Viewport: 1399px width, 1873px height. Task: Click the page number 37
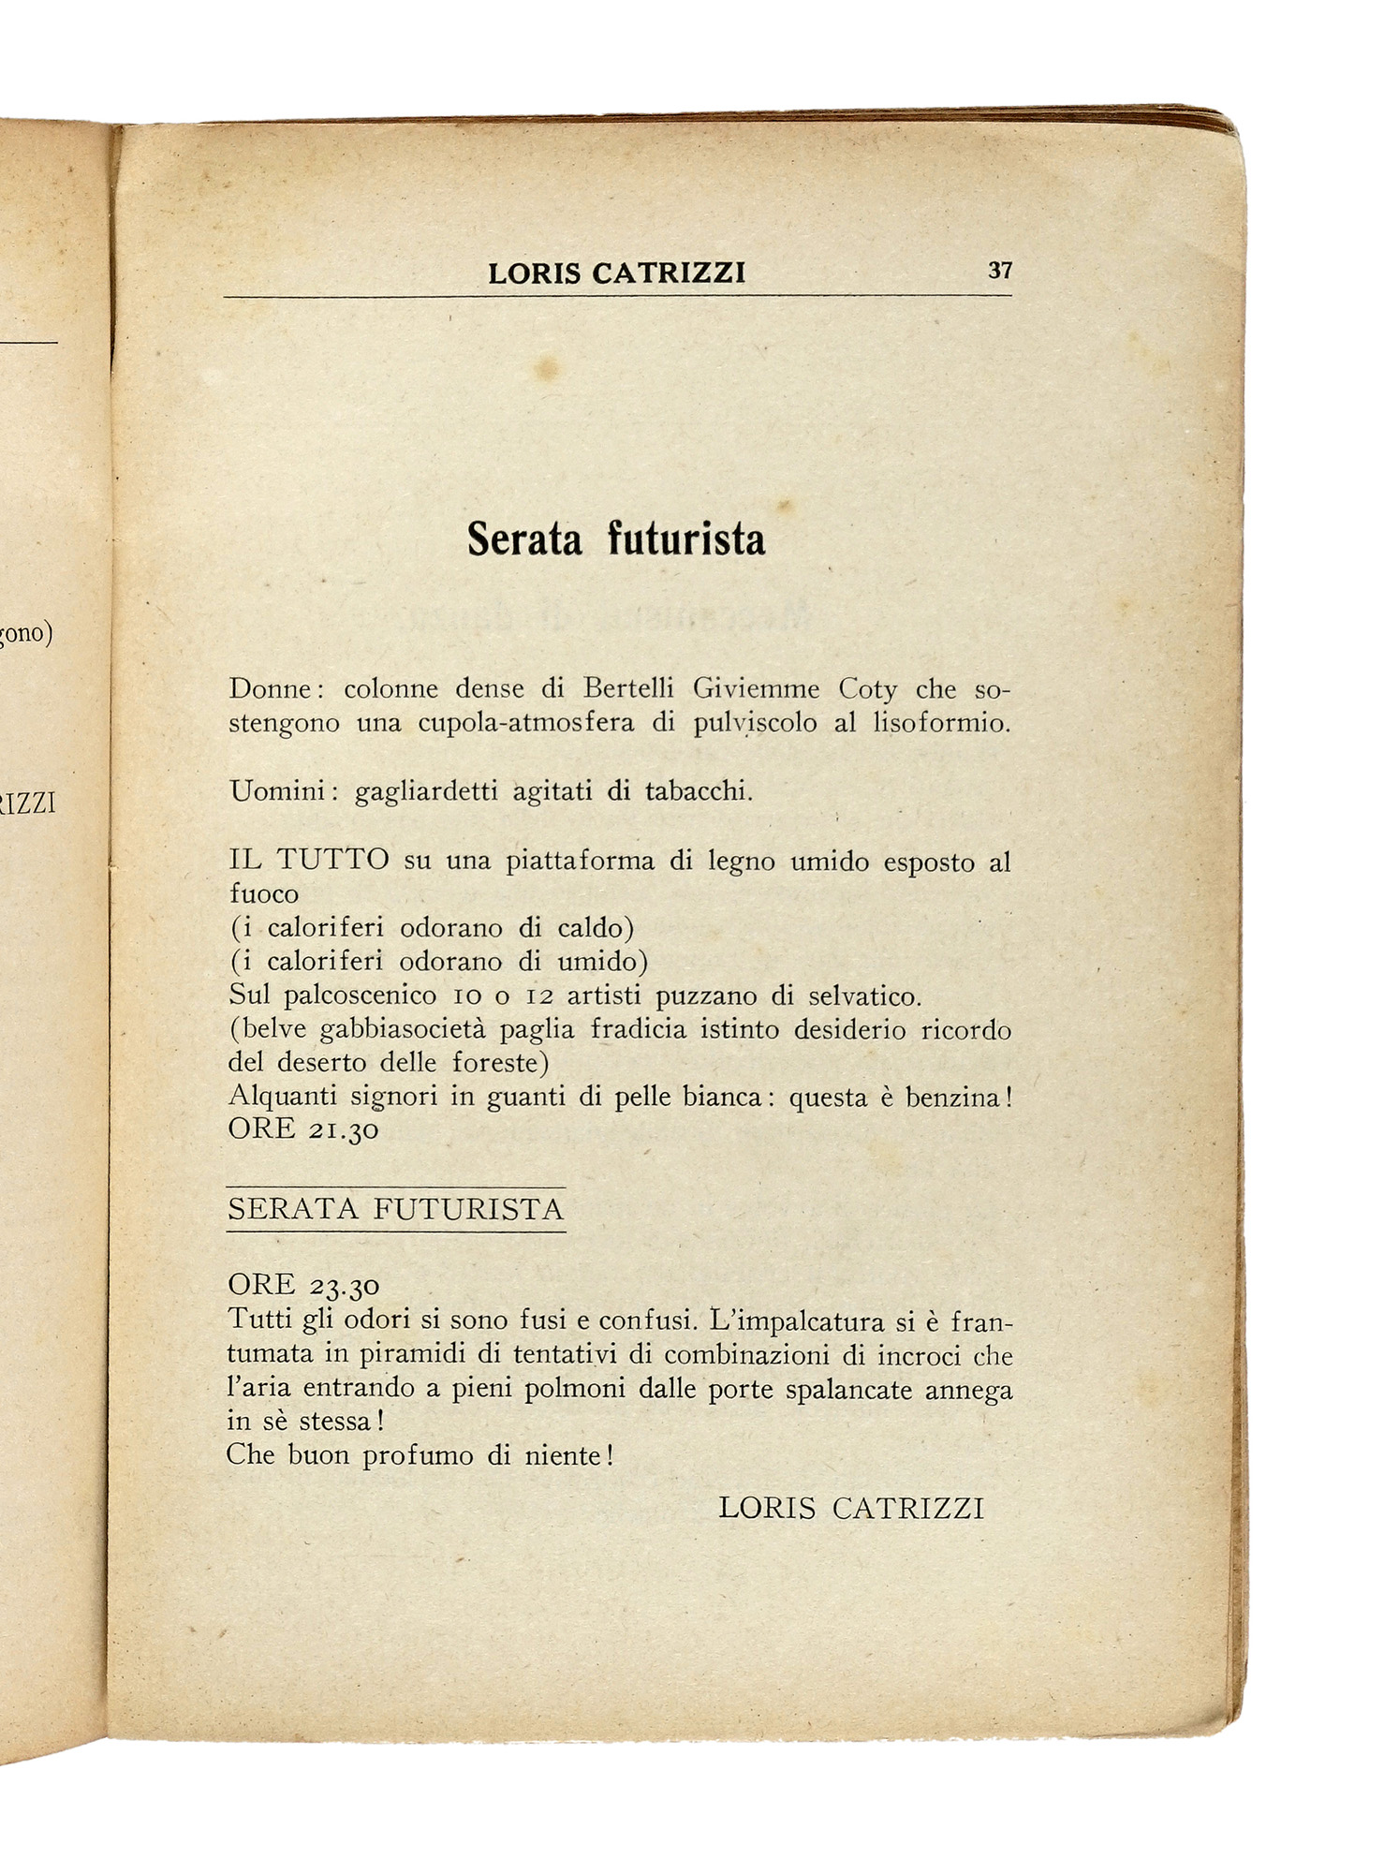point(999,271)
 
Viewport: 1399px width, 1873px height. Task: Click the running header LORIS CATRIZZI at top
point(616,273)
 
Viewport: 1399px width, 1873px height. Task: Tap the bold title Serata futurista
point(616,539)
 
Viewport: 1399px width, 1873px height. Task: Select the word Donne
point(270,689)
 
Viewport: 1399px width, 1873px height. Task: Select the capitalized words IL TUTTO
point(309,860)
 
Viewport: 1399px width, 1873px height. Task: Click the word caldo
point(596,928)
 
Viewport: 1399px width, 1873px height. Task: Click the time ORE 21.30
point(303,1129)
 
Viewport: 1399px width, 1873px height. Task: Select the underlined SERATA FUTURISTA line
point(396,1209)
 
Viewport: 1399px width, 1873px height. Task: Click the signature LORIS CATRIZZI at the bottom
point(851,1509)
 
